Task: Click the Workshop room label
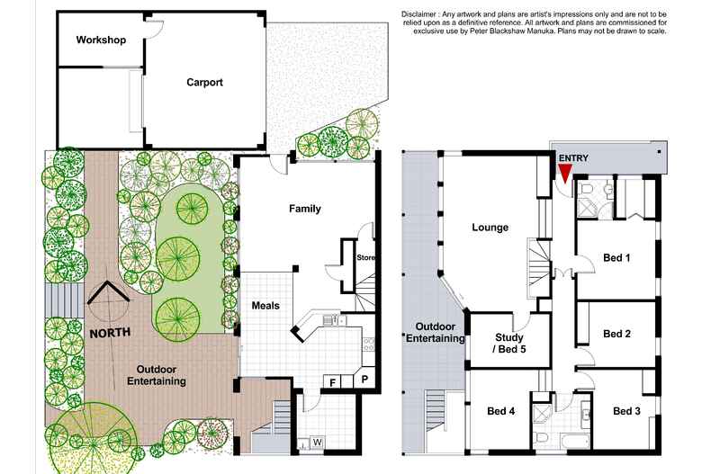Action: coord(100,40)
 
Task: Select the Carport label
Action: coord(204,83)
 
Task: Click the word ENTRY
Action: coord(573,158)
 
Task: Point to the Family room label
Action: coord(304,209)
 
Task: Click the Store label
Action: coord(364,258)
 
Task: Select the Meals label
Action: coord(265,306)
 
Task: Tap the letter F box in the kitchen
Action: coord(333,382)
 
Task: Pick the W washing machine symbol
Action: coord(318,443)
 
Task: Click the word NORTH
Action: coord(109,332)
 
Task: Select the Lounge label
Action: coord(490,228)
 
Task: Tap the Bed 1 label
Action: coord(616,258)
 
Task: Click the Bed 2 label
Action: coord(616,334)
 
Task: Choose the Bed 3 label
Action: coord(627,411)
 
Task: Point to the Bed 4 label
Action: coord(501,411)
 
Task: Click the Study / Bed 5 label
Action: coord(509,344)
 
